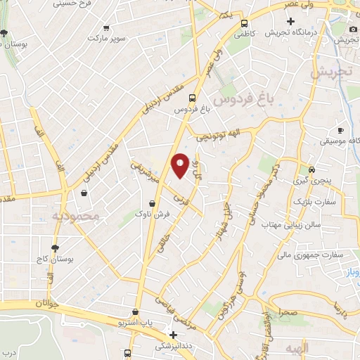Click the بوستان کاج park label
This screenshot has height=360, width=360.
[x=56, y=259]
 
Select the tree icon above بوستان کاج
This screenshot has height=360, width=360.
[x=56, y=247]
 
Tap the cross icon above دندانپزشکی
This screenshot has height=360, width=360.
[x=173, y=335]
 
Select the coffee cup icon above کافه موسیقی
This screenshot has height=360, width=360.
[x=340, y=130]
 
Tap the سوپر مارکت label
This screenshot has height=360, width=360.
[x=106, y=39]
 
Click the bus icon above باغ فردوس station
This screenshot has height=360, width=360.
[x=192, y=99]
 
